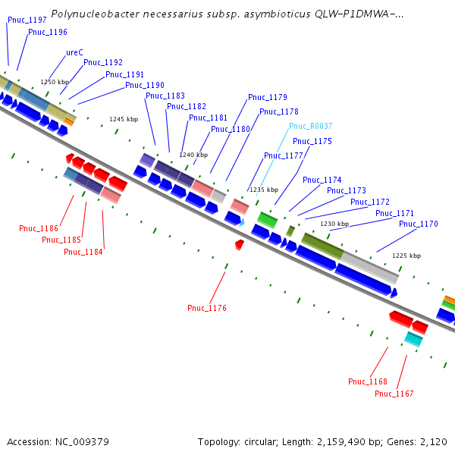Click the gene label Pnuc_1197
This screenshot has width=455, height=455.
pyautogui.click(x=27, y=19)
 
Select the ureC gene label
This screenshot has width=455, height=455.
pyautogui.click(x=74, y=52)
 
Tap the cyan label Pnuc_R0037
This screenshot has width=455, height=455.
pyautogui.click(x=310, y=126)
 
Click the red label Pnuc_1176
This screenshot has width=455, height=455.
pyautogui.click(x=207, y=307)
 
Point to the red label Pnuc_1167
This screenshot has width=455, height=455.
pyautogui.click(x=394, y=393)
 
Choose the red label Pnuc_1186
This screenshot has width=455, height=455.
pyautogui.click(x=39, y=228)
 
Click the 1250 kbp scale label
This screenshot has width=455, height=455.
pyautogui.click(x=55, y=82)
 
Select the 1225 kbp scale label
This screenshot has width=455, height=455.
pyautogui.click(x=406, y=256)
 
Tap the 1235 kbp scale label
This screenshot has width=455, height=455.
pyautogui.click(x=264, y=190)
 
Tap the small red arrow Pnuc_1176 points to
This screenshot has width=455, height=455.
pyautogui.click(x=240, y=244)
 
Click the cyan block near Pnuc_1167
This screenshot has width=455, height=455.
pyautogui.click(x=413, y=339)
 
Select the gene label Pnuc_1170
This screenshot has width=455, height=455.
pyautogui.click(x=419, y=224)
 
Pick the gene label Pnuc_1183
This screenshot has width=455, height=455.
pyautogui.click(x=165, y=96)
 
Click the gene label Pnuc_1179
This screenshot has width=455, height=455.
pyautogui.click(x=268, y=97)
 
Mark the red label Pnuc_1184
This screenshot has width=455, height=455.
pyautogui.click(x=83, y=252)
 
